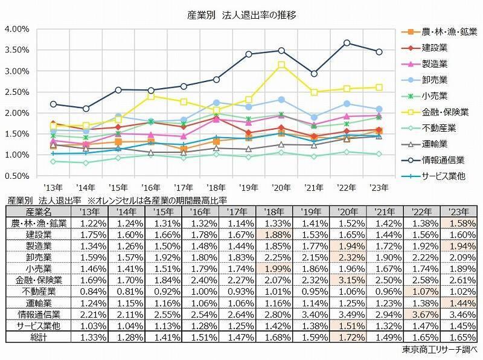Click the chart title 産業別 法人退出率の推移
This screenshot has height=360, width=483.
pyautogui.click(x=241, y=13)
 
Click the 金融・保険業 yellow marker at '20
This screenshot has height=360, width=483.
pyautogui.click(x=281, y=65)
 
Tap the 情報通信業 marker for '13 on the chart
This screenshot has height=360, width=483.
pyautogui.click(x=53, y=104)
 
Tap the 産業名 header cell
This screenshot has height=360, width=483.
pyautogui.click(x=36, y=210)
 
